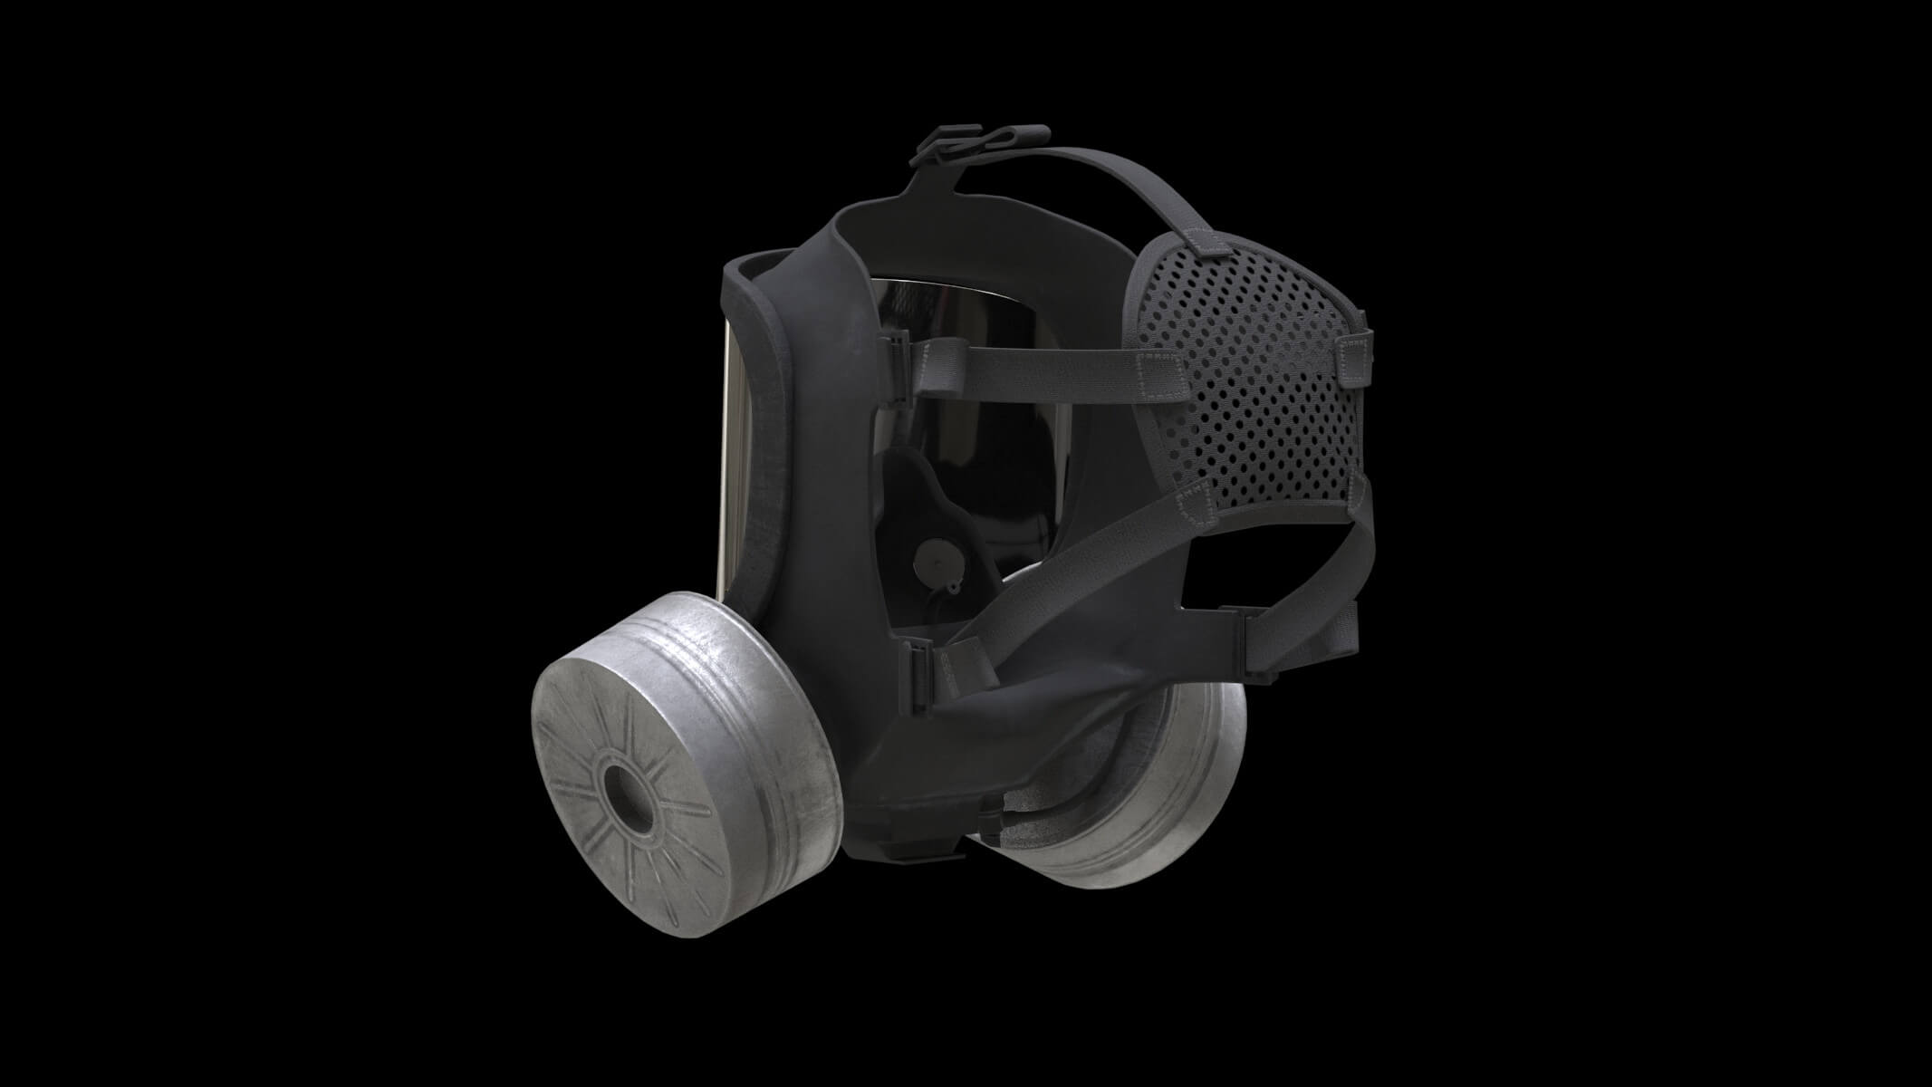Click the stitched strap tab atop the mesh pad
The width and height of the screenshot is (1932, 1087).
coord(1209,240)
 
